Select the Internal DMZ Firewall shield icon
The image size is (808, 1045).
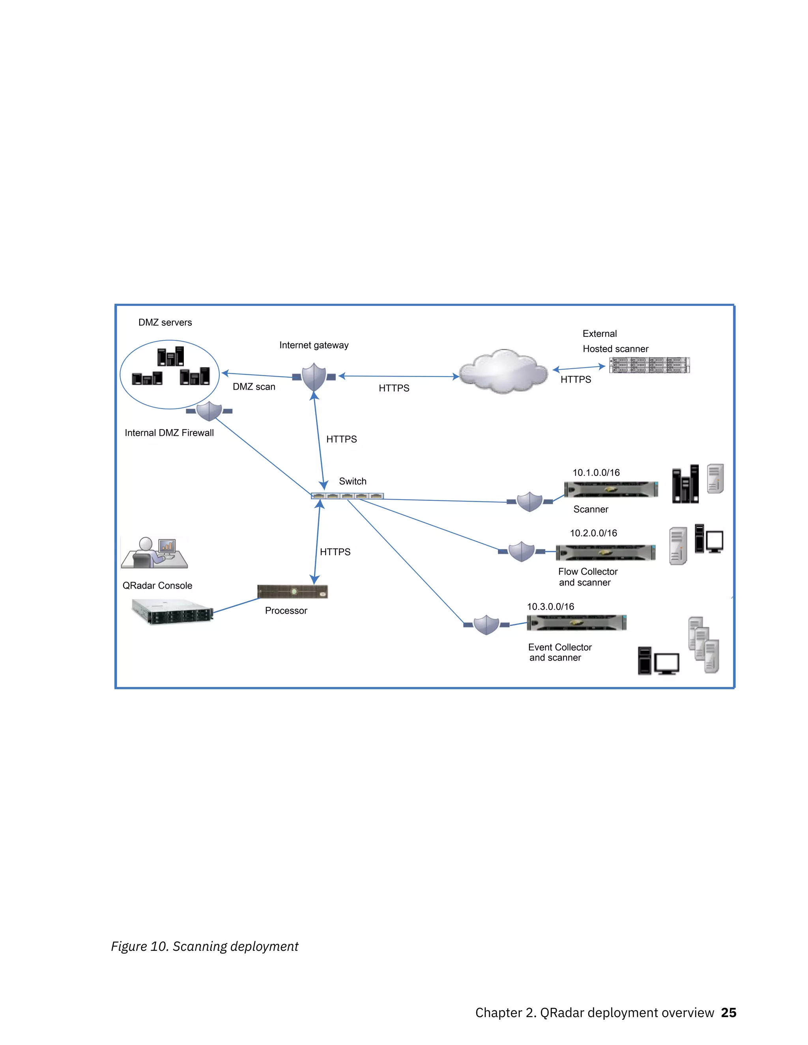click(209, 411)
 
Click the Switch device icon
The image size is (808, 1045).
click(347, 496)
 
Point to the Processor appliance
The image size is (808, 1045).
click(292, 592)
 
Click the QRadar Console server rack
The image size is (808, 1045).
click(172, 612)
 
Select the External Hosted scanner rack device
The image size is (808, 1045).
click(649, 365)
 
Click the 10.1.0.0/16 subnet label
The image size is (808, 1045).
click(596, 473)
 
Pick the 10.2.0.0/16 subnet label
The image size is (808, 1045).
click(593, 533)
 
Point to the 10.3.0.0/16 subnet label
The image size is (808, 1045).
click(550, 607)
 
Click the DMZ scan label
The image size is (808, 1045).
click(254, 386)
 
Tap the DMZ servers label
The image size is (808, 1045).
click(165, 323)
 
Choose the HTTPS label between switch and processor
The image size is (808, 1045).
click(335, 552)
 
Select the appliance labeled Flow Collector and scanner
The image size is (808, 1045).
click(606, 552)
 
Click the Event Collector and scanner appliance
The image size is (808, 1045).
click(576, 623)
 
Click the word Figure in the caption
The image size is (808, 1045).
click(129, 946)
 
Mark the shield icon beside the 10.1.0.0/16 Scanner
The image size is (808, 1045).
click(529, 502)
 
